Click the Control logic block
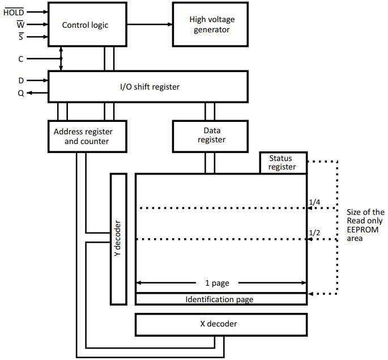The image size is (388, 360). (x=85, y=24)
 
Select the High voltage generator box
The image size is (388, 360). (x=211, y=24)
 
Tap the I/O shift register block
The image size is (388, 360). (x=148, y=87)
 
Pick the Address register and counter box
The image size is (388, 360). (x=87, y=136)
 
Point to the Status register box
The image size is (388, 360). (x=283, y=163)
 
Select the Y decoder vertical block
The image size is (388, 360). (x=118, y=239)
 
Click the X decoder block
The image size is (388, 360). (x=221, y=324)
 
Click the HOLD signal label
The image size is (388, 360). (x=14, y=12)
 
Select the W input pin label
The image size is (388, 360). (x=20, y=24)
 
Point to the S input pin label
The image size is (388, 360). (x=21, y=37)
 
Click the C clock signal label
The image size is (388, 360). (x=21, y=59)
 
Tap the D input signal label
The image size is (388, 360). (x=21, y=81)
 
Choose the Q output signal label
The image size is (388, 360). (x=21, y=94)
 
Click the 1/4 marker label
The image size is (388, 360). (x=314, y=202)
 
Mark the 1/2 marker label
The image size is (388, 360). (x=314, y=233)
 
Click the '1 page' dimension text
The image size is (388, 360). (x=221, y=283)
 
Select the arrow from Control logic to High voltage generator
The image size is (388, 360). (x=150, y=24)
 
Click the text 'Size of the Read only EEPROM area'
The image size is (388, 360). (x=365, y=225)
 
